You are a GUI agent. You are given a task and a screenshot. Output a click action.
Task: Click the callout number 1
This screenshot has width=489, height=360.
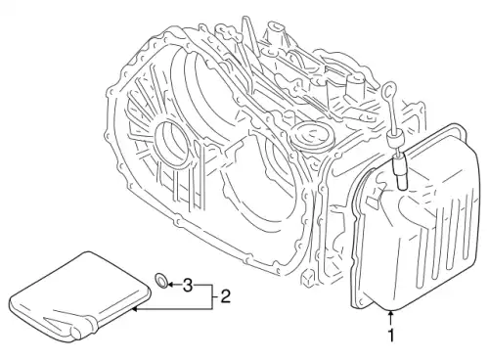click(391, 336)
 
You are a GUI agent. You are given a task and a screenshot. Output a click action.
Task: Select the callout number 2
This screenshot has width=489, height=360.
click(225, 296)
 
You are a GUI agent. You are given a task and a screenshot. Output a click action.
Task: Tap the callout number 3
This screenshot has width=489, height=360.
click(187, 285)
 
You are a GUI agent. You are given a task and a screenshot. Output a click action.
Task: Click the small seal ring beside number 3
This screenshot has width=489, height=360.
click(162, 281)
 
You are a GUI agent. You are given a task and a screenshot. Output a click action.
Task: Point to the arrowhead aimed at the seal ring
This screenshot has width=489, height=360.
click(171, 285)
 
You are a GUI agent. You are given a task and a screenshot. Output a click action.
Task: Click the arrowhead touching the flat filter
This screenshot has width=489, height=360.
click(135, 308)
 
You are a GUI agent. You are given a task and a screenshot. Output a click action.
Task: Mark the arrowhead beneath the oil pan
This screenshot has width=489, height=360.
click(390, 314)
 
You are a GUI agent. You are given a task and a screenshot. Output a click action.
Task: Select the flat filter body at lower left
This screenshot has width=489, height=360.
click(80, 295)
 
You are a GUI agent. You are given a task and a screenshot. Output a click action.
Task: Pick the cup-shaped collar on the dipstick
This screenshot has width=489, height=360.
click(393, 141)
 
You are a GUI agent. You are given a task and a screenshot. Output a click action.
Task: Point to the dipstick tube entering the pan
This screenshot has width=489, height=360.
click(400, 171)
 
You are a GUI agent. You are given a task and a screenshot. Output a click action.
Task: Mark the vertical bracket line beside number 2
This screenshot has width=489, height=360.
click(212, 296)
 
